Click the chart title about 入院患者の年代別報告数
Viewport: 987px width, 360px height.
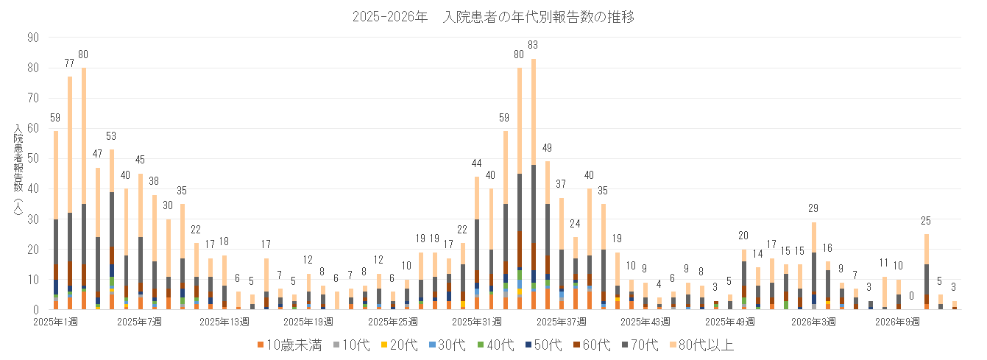pyautogui.click(x=493, y=16)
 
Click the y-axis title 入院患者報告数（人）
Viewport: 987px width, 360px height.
pyautogui.click(x=18, y=174)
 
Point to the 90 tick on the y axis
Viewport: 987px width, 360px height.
pyautogui.click(x=34, y=37)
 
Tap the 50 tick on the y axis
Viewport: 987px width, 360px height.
pyautogui.click(x=34, y=158)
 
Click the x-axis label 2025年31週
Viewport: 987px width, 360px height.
pyautogui.click(x=476, y=322)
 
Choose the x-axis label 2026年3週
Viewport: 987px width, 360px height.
pyautogui.click(x=813, y=322)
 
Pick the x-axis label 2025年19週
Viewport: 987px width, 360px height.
pyautogui.click(x=308, y=322)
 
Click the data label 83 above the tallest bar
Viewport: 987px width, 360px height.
pyautogui.click(x=534, y=46)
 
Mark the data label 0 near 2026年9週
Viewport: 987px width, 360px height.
pyautogui.click(x=911, y=296)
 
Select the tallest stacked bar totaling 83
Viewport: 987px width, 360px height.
pyautogui.click(x=534, y=184)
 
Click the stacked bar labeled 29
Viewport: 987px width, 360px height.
pyautogui.click(x=814, y=265)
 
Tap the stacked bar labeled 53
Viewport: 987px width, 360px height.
pyautogui.click(x=112, y=228)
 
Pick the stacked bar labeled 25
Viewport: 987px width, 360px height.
pyautogui.click(x=926, y=272)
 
